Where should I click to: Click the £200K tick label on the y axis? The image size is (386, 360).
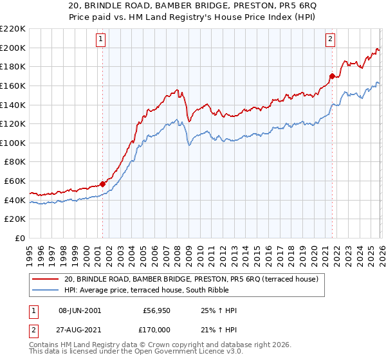click(14, 48)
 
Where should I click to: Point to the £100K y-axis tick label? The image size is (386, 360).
click(14, 143)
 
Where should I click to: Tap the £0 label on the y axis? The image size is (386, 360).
click(20, 238)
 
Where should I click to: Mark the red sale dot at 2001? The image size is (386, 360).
click(102, 184)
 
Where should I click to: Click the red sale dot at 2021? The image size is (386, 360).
click(332, 76)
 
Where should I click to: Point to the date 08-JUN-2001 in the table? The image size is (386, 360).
click(80, 310)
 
